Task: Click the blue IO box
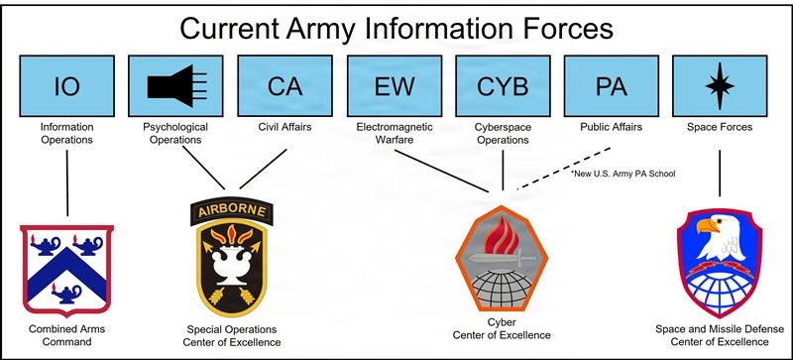coord(66,86)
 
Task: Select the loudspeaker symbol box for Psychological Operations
coord(175,86)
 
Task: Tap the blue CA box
coord(284,86)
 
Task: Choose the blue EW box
coord(394,86)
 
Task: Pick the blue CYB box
coord(503,86)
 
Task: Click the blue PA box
coord(611,86)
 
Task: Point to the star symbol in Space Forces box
coord(720,86)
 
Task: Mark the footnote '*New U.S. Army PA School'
coord(629,174)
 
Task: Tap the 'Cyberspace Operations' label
coord(503,133)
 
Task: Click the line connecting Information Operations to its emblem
coord(66,183)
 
